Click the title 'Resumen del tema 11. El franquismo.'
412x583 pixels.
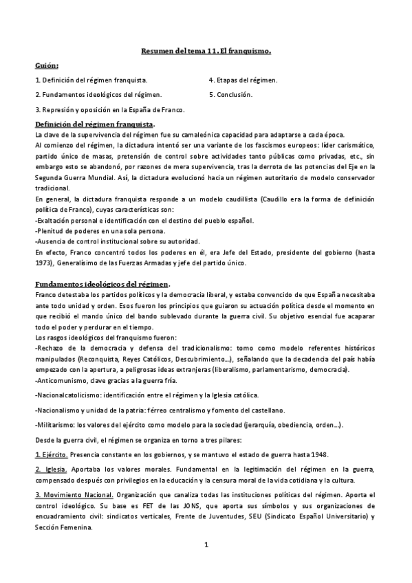coord(206,51)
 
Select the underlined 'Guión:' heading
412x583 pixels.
coord(47,65)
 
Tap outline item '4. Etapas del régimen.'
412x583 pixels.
coord(243,80)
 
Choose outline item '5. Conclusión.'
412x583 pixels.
coord(230,94)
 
